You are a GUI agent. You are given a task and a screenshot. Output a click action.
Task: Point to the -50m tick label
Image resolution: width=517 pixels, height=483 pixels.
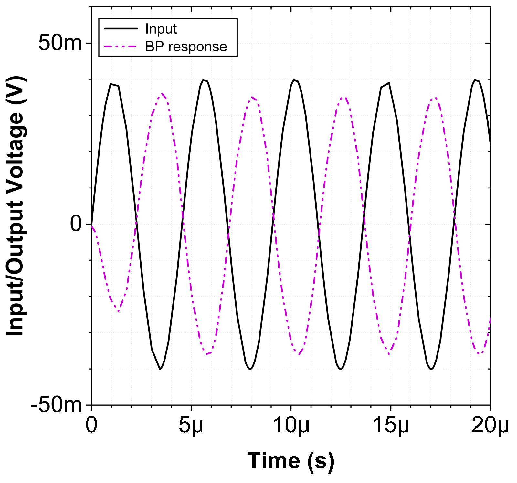[56, 404]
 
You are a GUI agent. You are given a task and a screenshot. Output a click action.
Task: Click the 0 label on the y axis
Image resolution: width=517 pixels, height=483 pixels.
[76, 224]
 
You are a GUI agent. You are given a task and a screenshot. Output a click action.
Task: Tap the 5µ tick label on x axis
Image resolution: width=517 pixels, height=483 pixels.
[191, 425]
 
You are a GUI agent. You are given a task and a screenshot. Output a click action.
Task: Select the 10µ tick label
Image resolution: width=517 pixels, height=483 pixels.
[291, 425]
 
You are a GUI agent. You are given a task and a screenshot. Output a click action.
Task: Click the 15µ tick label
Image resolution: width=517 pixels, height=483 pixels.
[391, 425]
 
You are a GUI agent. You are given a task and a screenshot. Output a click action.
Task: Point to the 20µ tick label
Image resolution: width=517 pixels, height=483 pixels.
[490, 425]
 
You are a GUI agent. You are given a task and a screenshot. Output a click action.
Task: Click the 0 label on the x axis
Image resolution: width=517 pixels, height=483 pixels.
[91, 425]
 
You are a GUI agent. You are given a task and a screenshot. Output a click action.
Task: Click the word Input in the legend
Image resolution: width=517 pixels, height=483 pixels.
[161, 29]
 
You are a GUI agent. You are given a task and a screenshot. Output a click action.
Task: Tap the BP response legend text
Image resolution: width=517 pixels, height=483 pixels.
[186, 47]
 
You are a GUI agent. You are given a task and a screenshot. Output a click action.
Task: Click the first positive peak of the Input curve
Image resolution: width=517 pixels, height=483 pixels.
[111, 84]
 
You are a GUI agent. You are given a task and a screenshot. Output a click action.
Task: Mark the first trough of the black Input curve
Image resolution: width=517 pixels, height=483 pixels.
[160, 369]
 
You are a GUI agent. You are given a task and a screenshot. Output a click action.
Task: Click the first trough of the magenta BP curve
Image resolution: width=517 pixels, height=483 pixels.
[119, 311]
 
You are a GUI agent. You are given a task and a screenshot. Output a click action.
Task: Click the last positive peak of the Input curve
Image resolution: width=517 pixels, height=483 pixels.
[475, 80]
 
